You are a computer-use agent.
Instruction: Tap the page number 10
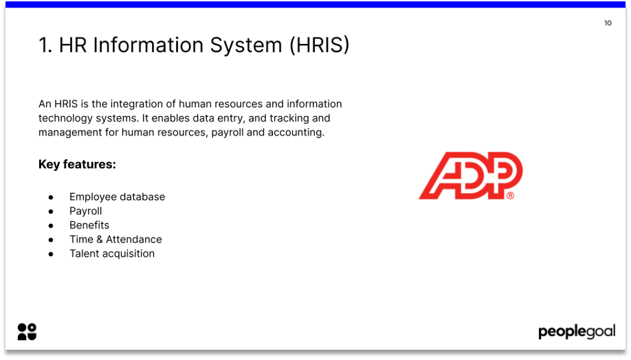pyautogui.click(x=608, y=23)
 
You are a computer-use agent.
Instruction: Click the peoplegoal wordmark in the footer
pyautogui.click(x=576, y=333)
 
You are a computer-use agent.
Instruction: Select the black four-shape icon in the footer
pyautogui.click(x=27, y=332)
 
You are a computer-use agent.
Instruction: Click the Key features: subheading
pyautogui.click(x=77, y=165)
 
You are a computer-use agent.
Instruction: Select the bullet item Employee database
pyautogui.click(x=117, y=197)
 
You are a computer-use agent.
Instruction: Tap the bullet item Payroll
pyautogui.click(x=85, y=211)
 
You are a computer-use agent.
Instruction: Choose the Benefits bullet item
pyautogui.click(x=89, y=225)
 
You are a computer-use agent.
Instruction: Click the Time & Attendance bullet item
pyautogui.click(x=115, y=240)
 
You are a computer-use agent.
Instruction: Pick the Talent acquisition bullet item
pyautogui.click(x=112, y=254)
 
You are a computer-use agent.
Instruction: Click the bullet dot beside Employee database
pyautogui.click(x=51, y=197)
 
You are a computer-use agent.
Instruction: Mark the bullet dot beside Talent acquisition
pyautogui.click(x=51, y=254)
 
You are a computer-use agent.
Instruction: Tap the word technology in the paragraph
pyautogui.click(x=64, y=118)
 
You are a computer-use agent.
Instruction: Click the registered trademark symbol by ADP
pyautogui.click(x=510, y=196)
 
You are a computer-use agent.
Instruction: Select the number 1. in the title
pyautogui.click(x=45, y=45)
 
